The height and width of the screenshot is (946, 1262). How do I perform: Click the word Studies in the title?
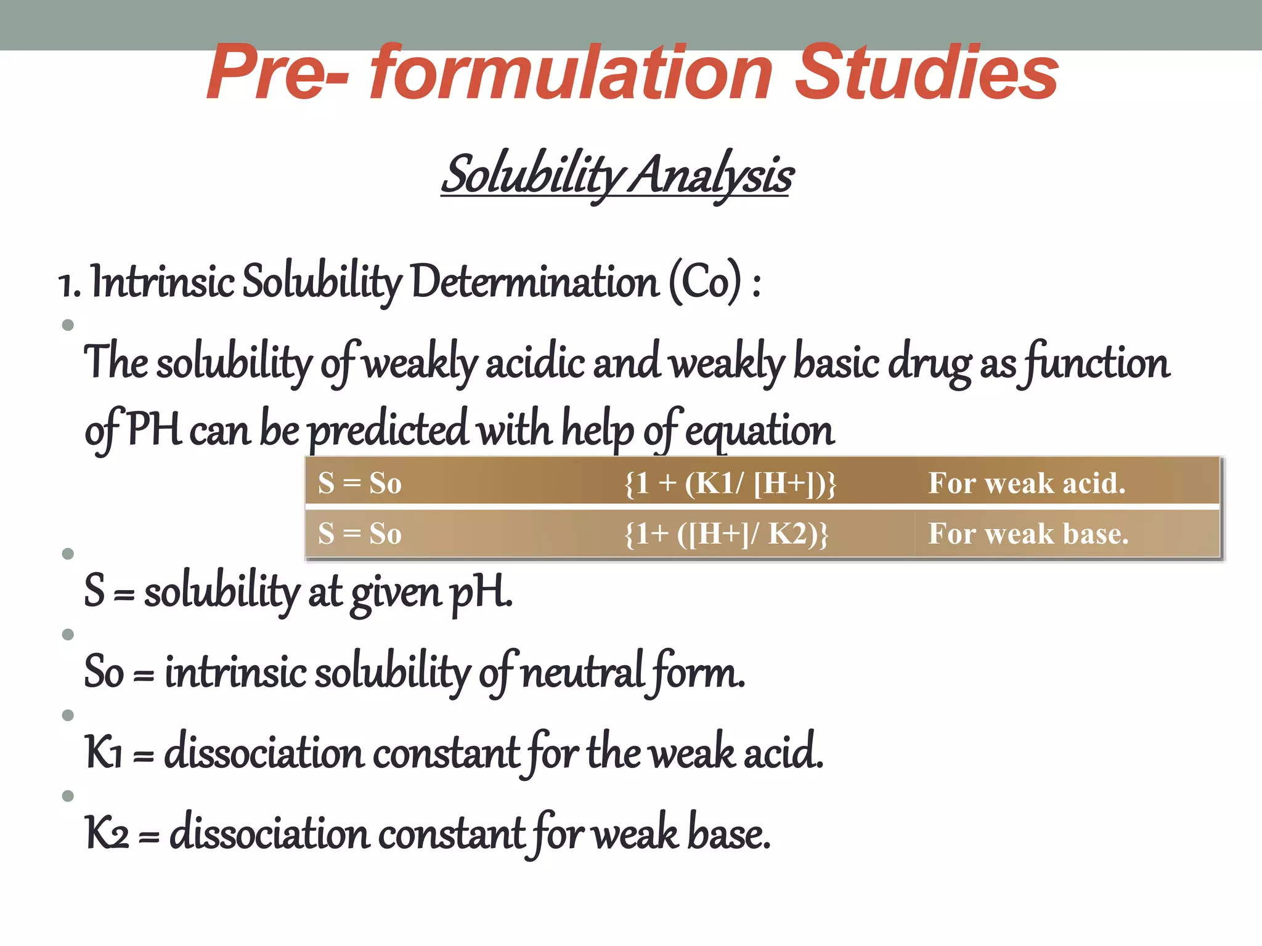926,73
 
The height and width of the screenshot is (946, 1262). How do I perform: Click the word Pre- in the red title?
277,73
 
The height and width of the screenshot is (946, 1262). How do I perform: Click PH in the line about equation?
154,429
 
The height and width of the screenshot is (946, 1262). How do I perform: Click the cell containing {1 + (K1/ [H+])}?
730,483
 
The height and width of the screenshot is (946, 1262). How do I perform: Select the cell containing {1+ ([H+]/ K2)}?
727,533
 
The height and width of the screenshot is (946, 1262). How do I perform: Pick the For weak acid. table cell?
1027,483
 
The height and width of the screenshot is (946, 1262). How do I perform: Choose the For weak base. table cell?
1028,533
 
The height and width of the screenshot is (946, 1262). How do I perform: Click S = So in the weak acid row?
360,483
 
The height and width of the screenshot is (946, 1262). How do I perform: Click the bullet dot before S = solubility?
68,554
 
